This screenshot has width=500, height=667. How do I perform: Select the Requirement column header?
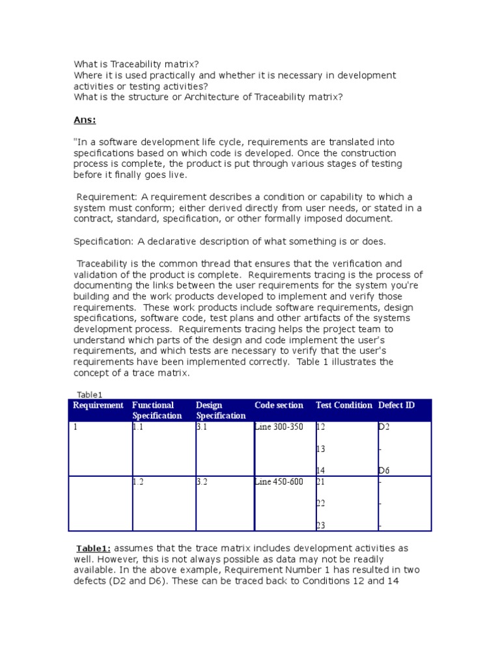98,405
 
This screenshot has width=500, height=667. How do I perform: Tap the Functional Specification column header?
157,410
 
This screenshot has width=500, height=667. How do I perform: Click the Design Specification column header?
221,410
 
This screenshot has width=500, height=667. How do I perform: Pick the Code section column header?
279,405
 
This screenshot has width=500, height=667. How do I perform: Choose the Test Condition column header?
344,405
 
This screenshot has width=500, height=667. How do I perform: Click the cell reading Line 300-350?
279,428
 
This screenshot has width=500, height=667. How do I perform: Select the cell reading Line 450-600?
279,483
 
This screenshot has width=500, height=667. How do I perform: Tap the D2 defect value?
384,428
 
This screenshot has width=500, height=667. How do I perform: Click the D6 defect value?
384,470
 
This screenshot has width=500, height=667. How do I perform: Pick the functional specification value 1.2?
138,483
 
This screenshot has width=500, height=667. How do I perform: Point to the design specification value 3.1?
202,428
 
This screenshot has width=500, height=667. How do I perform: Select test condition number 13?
320,449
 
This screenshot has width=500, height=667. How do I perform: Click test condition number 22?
320,504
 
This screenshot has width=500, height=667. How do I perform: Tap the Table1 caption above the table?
90,394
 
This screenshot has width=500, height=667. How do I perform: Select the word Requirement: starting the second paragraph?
107,197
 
